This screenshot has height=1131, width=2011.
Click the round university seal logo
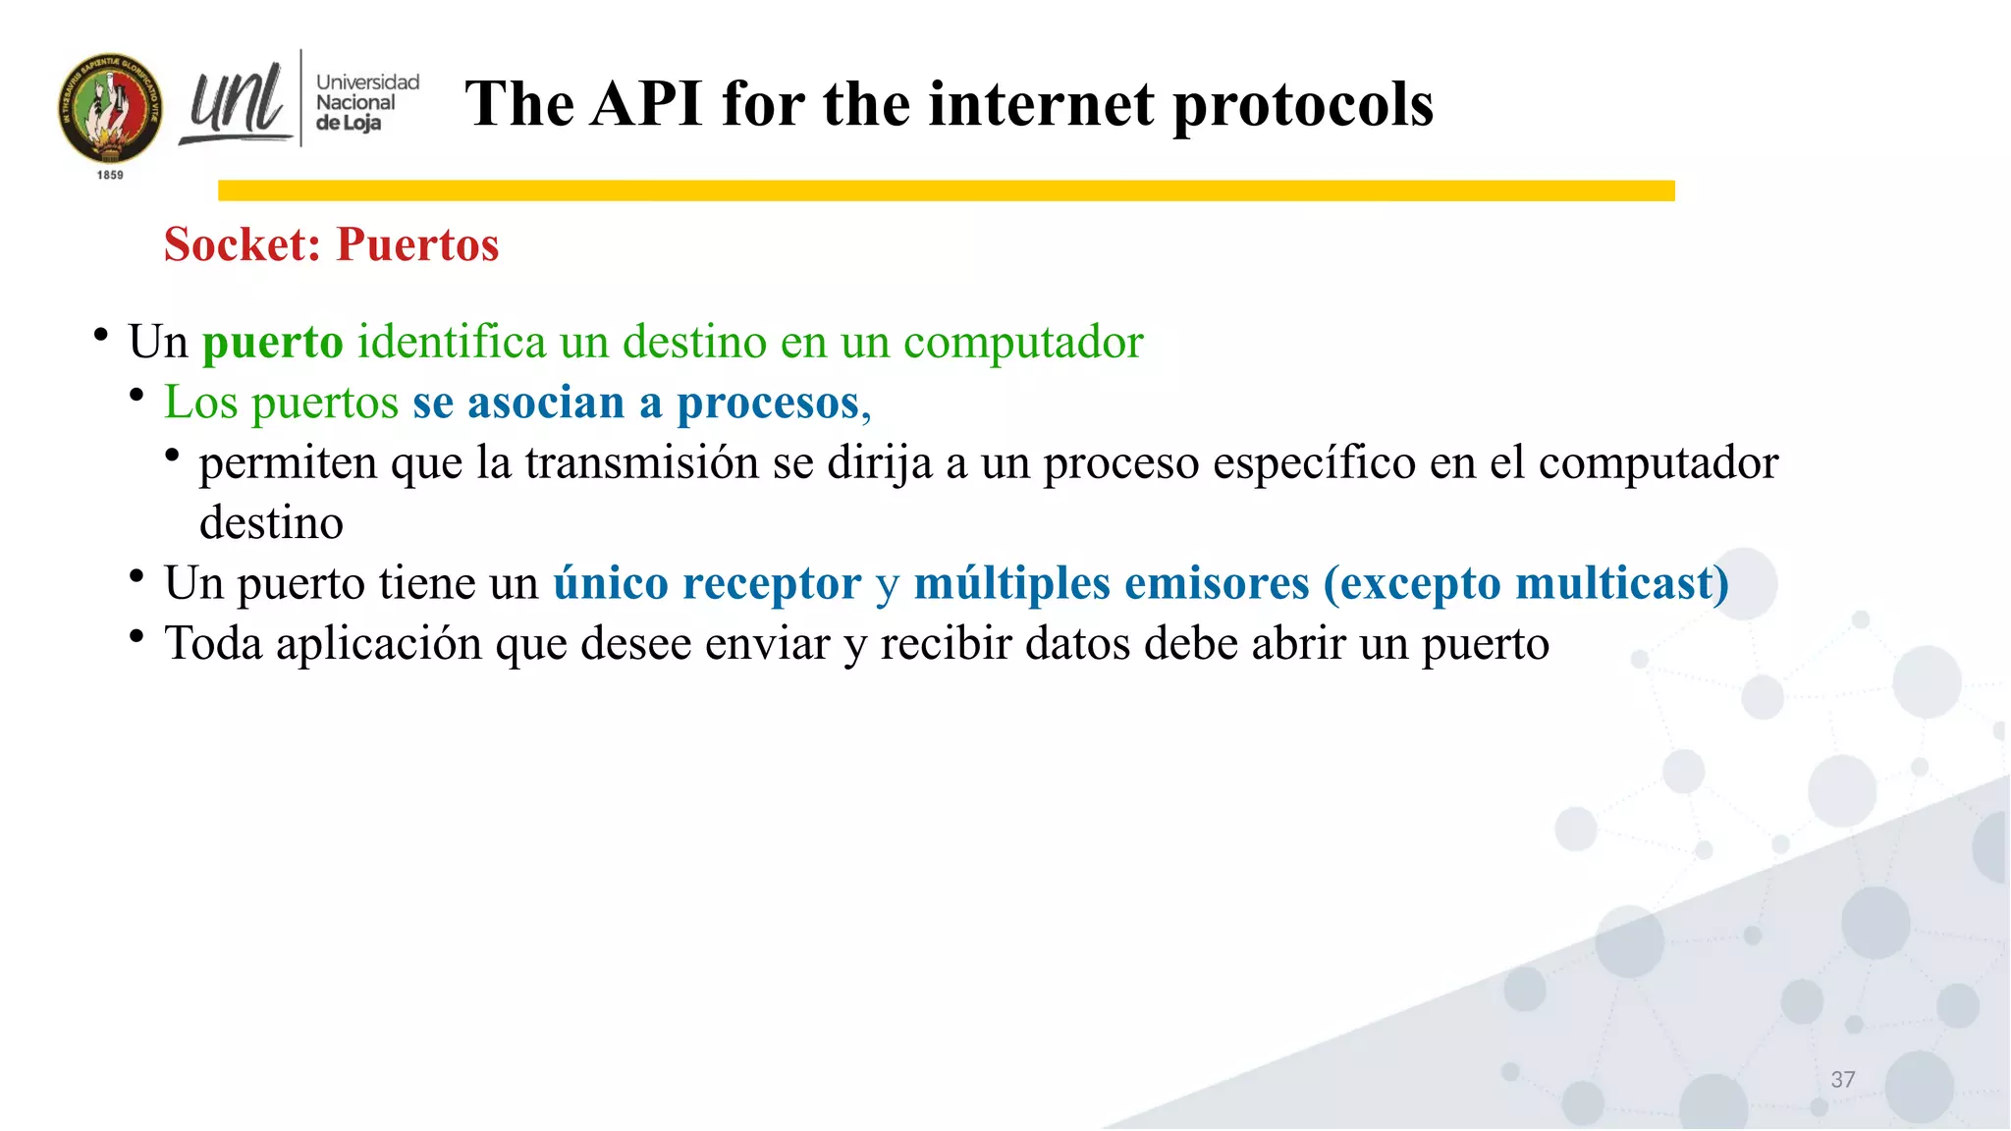pos(110,108)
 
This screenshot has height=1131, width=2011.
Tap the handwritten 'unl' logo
pos(236,102)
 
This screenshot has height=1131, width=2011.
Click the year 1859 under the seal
pos(110,175)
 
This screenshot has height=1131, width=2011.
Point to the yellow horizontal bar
pos(946,190)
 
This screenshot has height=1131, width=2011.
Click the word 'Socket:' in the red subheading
pos(243,244)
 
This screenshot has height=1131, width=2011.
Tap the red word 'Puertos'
pos(417,244)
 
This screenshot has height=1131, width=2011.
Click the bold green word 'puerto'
pos(272,343)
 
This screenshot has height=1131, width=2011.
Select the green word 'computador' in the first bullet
pos(1022,343)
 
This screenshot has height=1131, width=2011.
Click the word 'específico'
pos(1314,462)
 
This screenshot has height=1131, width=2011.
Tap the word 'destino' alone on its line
pos(271,522)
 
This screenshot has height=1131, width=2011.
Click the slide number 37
pos(1842,1080)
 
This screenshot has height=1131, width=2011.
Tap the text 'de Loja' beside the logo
pos(348,124)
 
